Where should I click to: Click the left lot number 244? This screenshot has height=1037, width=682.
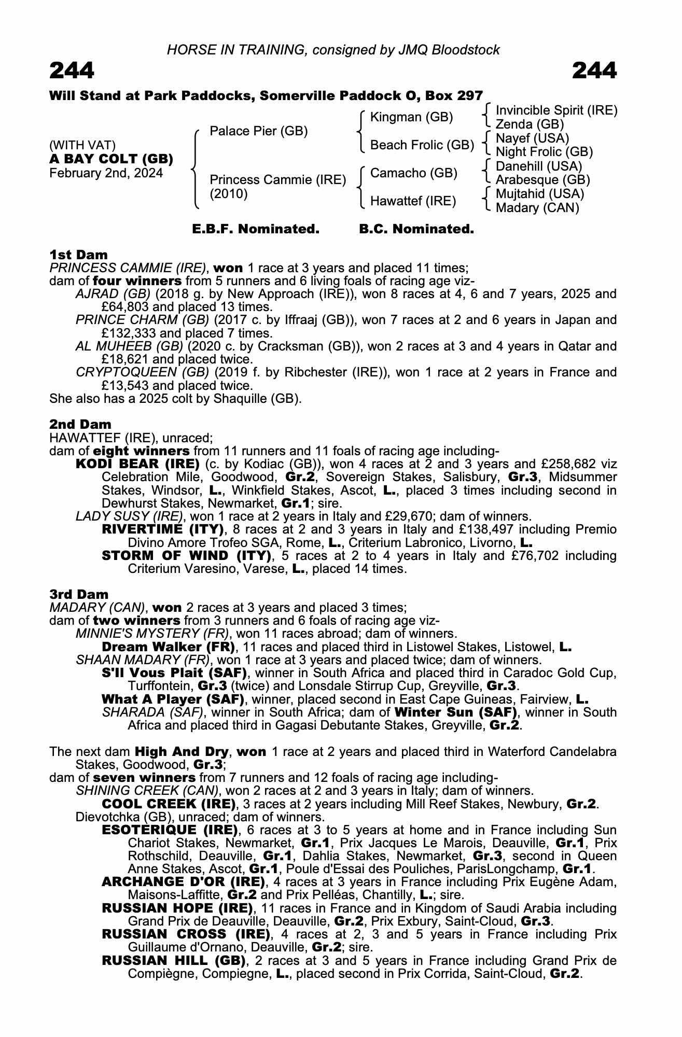pyautogui.click(x=72, y=71)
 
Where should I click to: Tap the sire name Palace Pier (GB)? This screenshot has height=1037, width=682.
pyautogui.click(x=258, y=131)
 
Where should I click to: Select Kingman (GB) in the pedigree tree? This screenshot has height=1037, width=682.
pyautogui.click(x=411, y=117)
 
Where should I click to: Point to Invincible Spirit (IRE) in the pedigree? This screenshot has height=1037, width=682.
pyautogui.click(x=556, y=110)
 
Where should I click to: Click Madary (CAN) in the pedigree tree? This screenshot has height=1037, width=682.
pyautogui.click(x=537, y=208)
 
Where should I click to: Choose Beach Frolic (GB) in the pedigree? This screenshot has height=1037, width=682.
pyautogui.click(x=422, y=145)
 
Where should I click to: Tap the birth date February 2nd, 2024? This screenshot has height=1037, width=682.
pyautogui.click(x=106, y=173)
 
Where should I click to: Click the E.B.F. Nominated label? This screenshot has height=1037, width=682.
pyautogui.click(x=256, y=229)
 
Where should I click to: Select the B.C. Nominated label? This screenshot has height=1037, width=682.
pyautogui.click(x=416, y=229)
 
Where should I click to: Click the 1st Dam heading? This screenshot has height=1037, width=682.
pyautogui.click(x=79, y=255)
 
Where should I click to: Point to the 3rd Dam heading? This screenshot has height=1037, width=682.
pyautogui.click(x=79, y=594)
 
